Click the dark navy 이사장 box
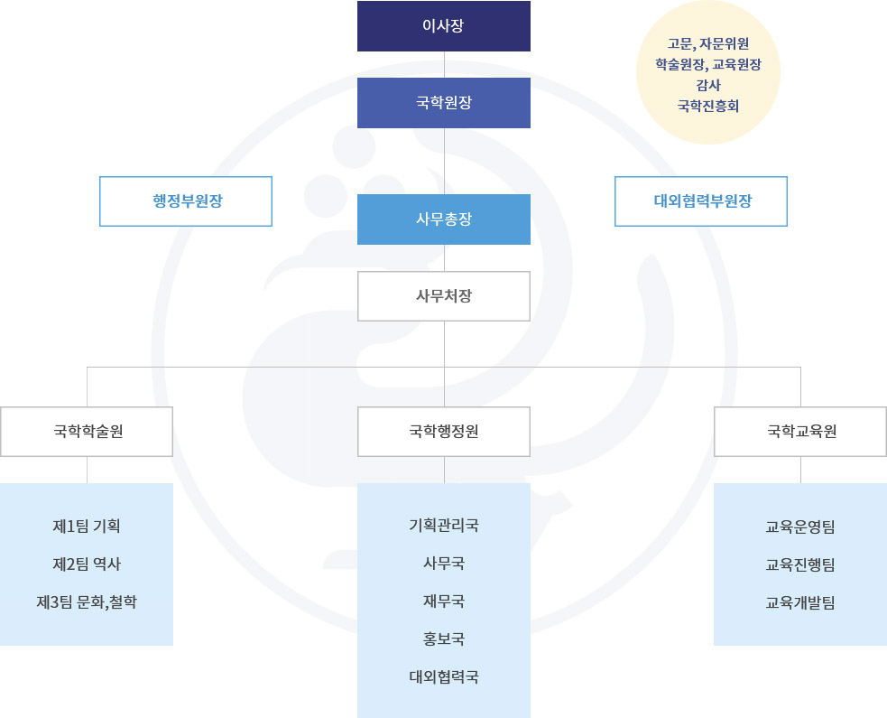coord(444,26)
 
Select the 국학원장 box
coord(444,102)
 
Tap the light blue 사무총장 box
coord(444,219)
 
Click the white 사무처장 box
coord(444,296)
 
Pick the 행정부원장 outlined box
coord(186,201)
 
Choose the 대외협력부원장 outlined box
coord(701,201)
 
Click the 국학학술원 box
coord(87,432)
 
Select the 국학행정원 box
coord(444,432)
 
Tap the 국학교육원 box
coord(800,432)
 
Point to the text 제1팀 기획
coord(87,526)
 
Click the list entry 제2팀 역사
coord(87,564)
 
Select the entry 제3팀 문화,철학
coord(87,601)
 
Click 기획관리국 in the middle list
coord(444,526)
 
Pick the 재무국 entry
coord(444,601)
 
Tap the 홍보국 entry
coord(444,639)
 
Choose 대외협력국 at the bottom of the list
coord(444,676)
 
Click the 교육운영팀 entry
coord(799,527)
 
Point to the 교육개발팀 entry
coord(799,602)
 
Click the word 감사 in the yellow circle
coord(708,85)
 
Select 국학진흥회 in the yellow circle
coord(708,106)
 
